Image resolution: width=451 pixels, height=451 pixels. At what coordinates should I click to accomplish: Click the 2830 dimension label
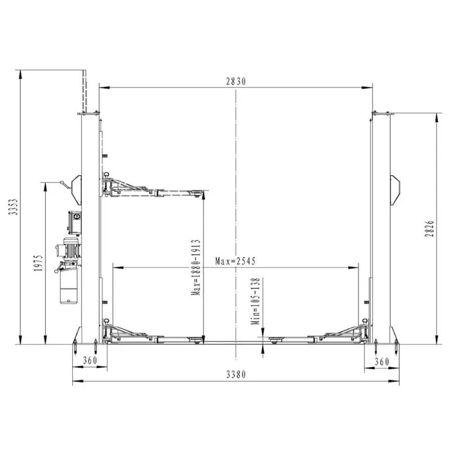236,82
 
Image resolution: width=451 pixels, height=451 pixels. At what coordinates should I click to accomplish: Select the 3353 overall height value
13,206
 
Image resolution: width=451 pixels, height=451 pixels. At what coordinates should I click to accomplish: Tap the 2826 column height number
429,229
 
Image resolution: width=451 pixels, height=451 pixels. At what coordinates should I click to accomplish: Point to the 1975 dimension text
38,263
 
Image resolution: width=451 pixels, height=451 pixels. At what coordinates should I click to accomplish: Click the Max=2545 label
235,261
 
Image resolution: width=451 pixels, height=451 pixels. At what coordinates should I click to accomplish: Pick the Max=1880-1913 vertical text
196,267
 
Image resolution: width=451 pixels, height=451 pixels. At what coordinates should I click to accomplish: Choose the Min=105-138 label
255,301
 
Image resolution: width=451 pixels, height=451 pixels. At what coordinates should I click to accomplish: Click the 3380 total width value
236,374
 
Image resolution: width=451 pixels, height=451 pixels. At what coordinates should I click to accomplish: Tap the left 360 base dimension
90,360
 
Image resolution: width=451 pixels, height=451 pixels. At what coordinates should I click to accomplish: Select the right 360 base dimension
382,361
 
